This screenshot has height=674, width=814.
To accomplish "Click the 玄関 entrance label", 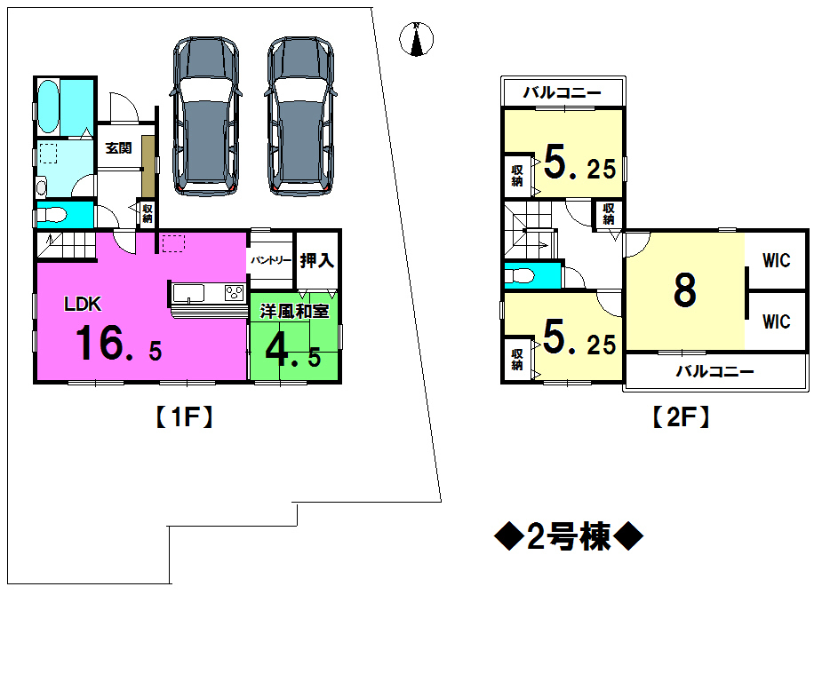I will click(x=118, y=149).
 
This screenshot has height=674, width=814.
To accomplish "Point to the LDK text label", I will click(x=83, y=305).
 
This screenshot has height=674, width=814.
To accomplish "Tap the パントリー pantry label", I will click(x=270, y=261).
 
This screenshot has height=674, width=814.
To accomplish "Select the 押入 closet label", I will click(x=316, y=261).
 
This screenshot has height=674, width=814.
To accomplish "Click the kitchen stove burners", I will click(x=235, y=293).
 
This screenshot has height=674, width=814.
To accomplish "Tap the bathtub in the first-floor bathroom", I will click(x=48, y=106).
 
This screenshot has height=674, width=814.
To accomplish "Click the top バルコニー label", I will click(x=562, y=92).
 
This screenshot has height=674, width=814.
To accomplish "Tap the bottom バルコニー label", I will click(x=714, y=372).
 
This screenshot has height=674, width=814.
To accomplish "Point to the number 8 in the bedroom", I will click(x=684, y=290).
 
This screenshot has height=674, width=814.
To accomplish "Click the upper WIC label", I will click(x=776, y=262).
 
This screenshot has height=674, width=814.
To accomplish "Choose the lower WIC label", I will click(x=776, y=321).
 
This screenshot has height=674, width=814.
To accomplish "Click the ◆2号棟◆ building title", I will click(x=567, y=536).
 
